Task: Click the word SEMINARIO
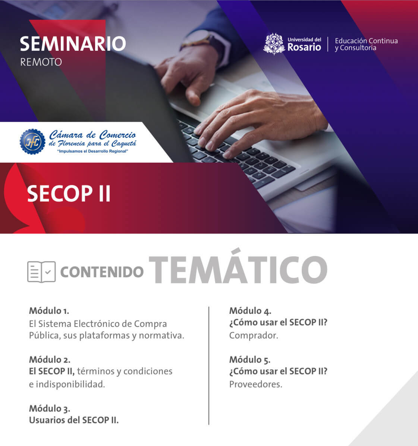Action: [x=73, y=44]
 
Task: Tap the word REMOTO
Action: [x=41, y=62]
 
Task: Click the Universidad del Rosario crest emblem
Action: [x=274, y=44]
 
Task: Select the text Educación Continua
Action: [x=366, y=41]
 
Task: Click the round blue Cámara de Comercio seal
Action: [x=32, y=141]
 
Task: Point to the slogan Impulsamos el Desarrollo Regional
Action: [x=92, y=151]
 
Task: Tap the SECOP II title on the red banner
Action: [x=69, y=194]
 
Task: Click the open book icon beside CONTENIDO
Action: [x=41, y=272]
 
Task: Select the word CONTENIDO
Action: [x=102, y=272]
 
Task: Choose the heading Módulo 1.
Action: [x=49, y=311]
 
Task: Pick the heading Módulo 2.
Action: [x=50, y=359]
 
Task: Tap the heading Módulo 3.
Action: [x=50, y=408]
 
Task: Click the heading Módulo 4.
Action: [x=250, y=311]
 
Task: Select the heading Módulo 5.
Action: [x=250, y=359]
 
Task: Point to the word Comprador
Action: [x=254, y=336]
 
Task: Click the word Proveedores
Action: [x=256, y=384]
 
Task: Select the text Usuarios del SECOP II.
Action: [x=73, y=420]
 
